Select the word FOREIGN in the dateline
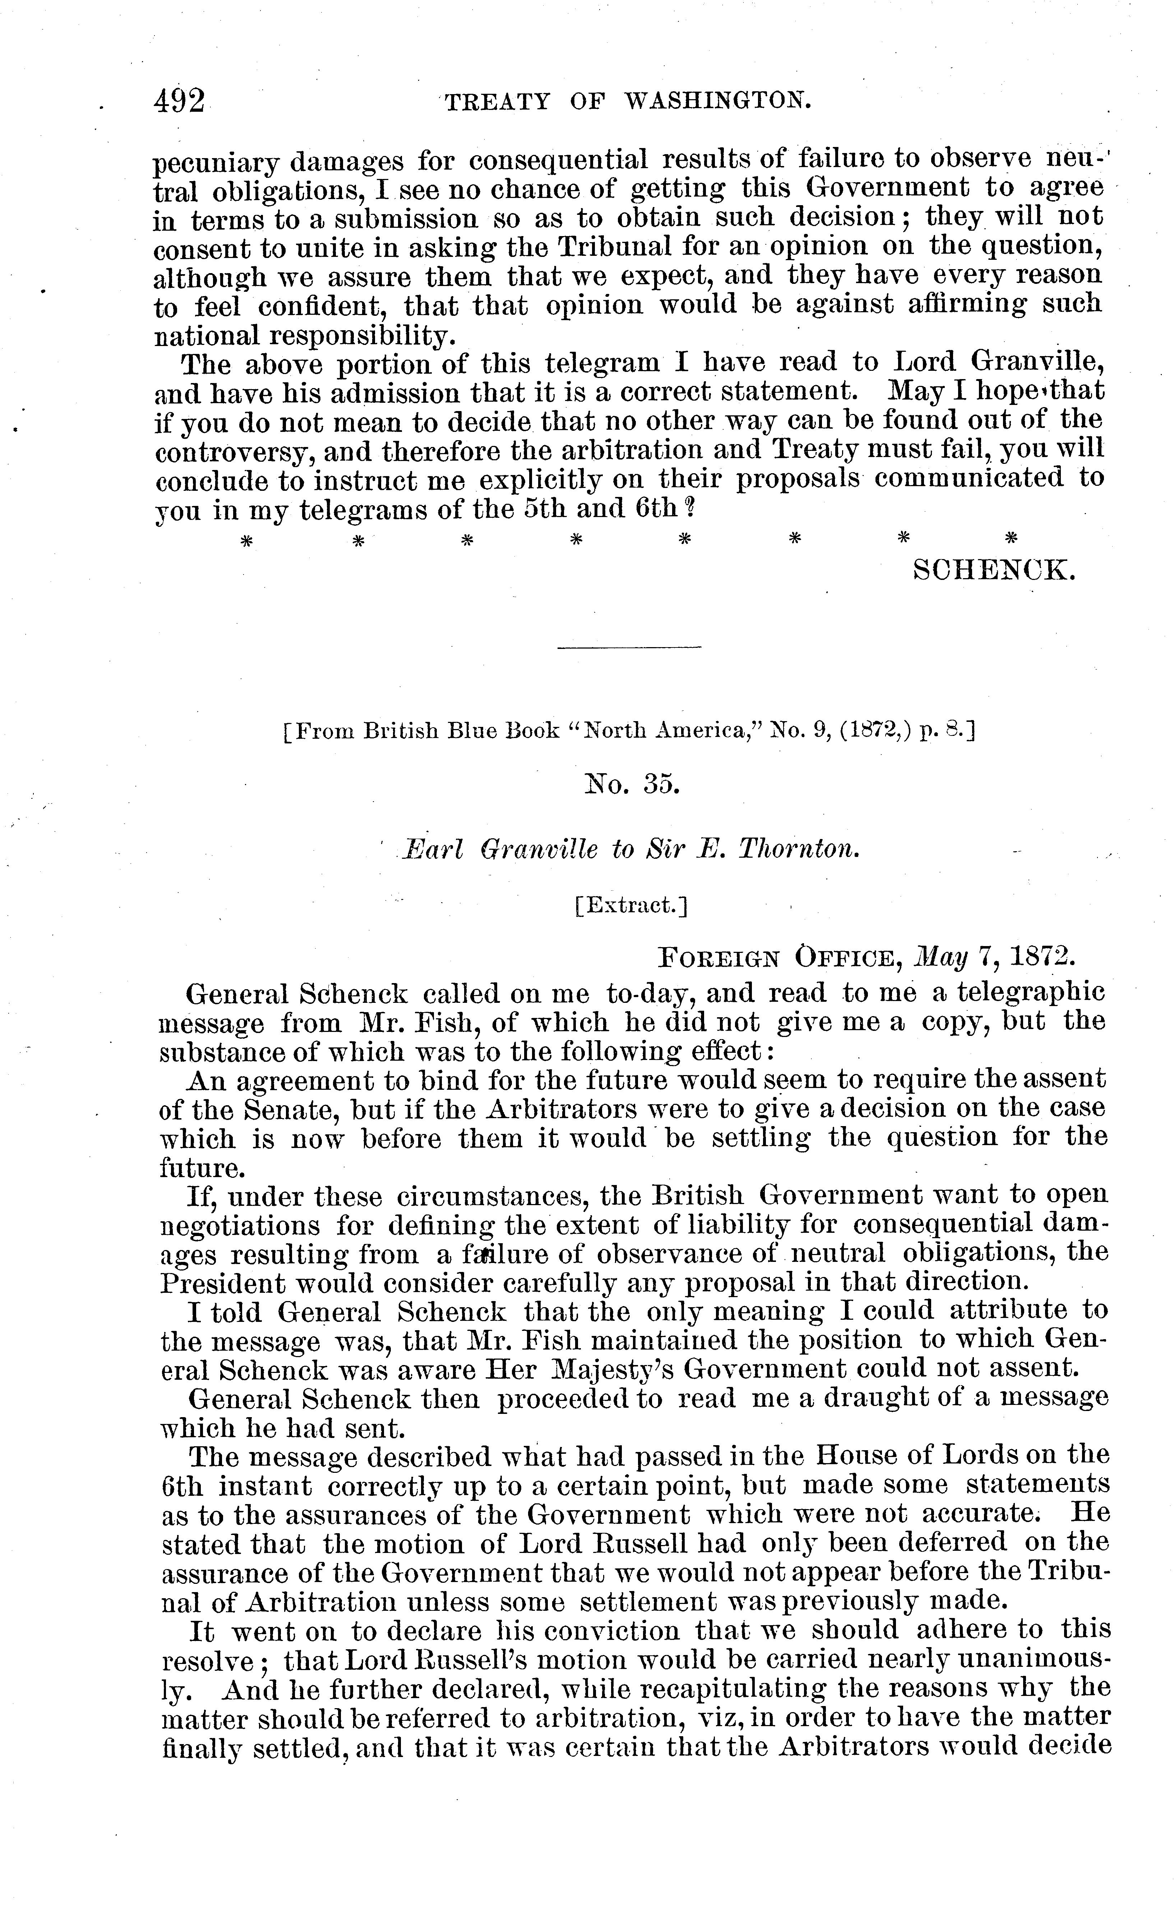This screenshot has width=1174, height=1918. (717, 958)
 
